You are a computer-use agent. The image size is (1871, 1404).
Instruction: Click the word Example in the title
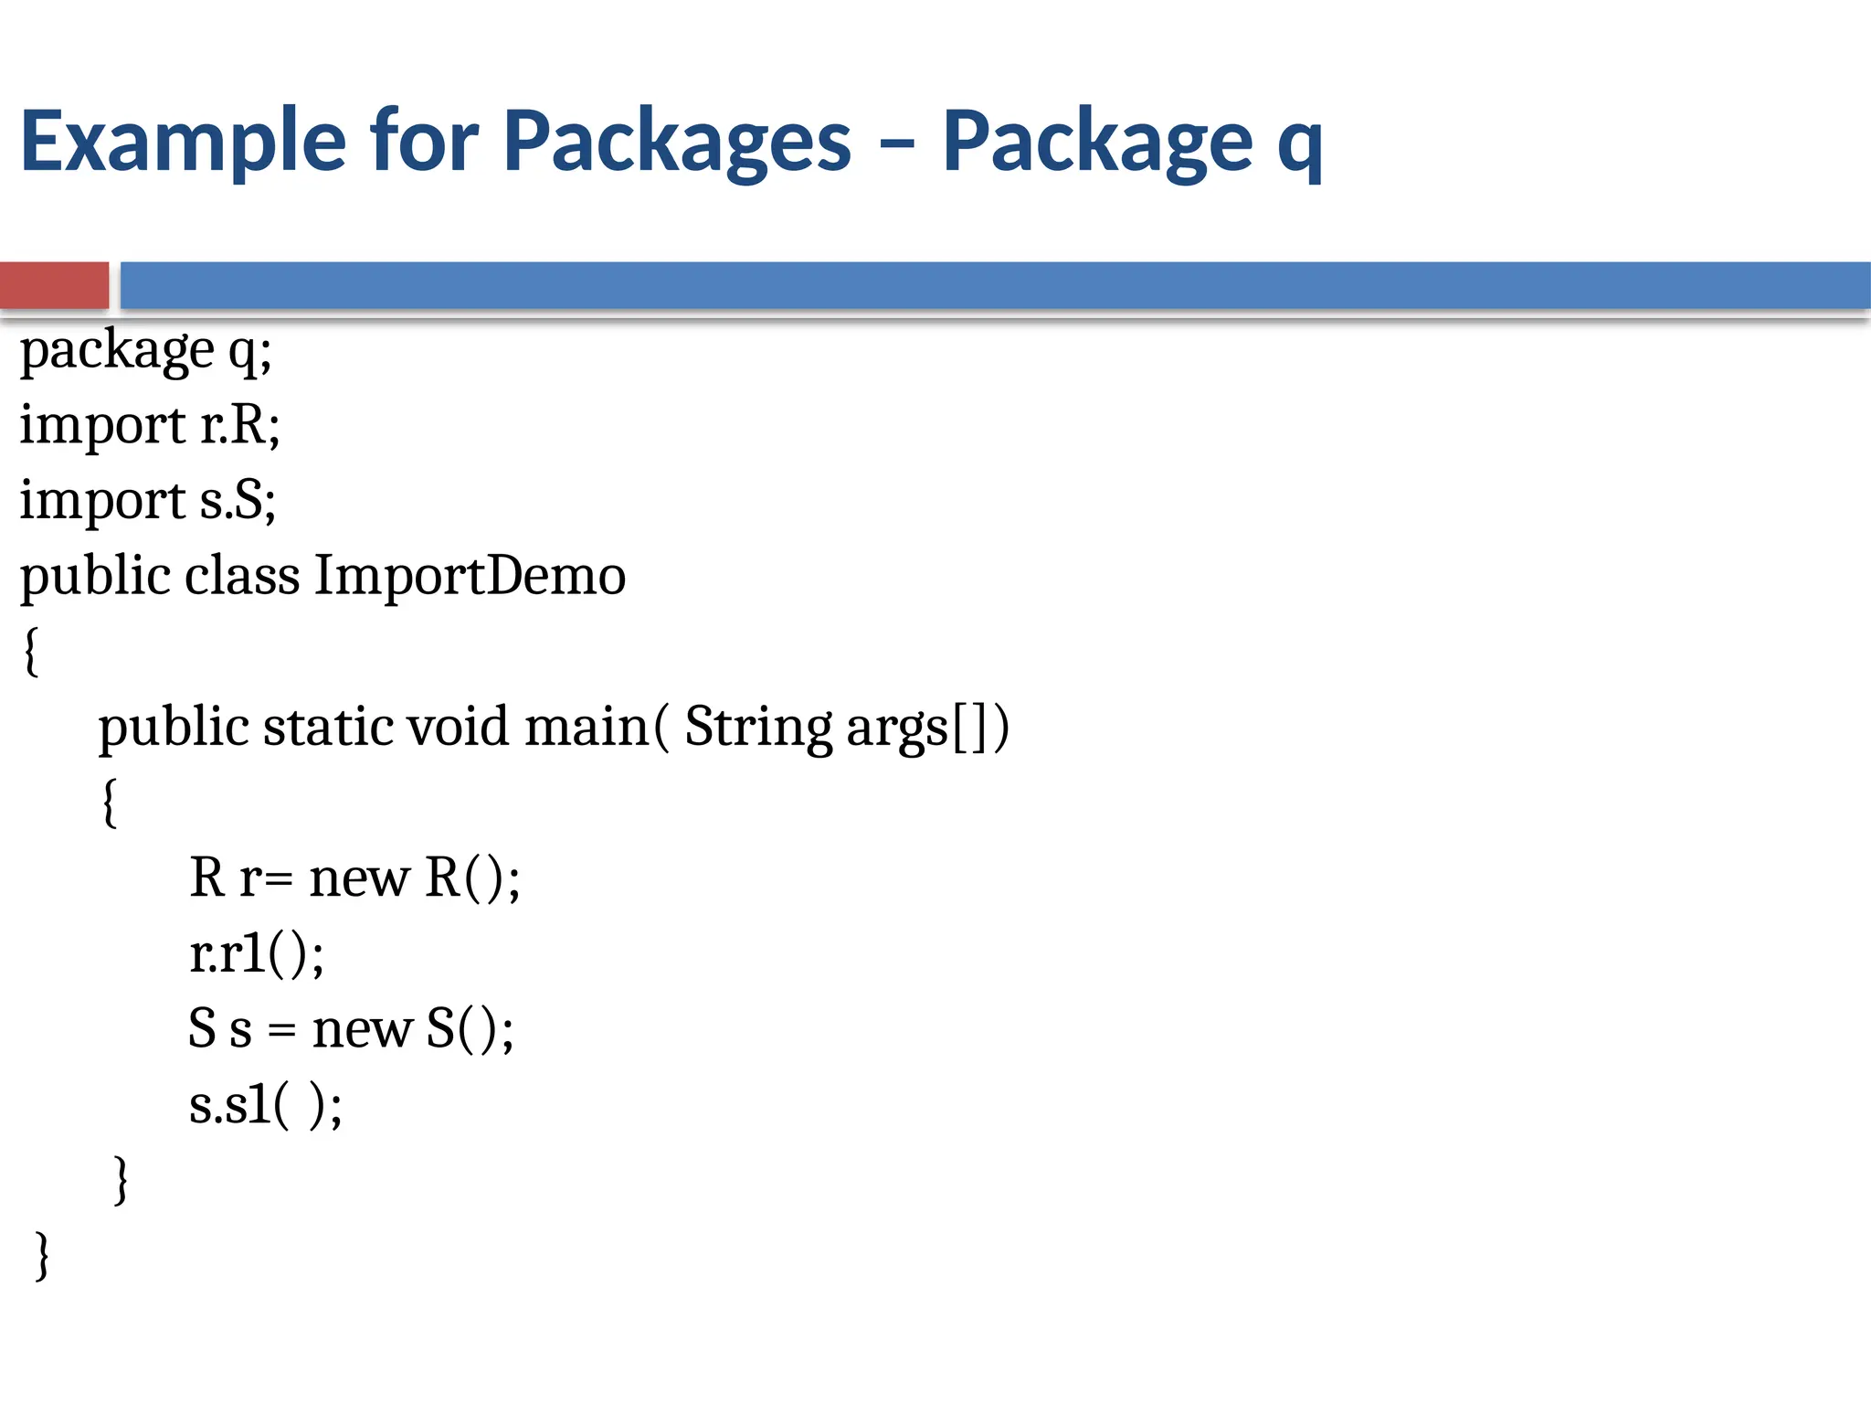pyautogui.click(x=183, y=142)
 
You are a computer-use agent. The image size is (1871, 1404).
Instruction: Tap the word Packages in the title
pyautogui.click(x=677, y=142)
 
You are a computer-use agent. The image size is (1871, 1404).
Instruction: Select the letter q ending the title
pyautogui.click(x=1299, y=146)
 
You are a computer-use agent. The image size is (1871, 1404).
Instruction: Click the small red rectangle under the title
pyautogui.click(x=54, y=285)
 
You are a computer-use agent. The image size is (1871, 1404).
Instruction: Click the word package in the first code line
pyautogui.click(x=117, y=352)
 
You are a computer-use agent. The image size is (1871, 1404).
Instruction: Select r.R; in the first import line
pyautogui.click(x=240, y=426)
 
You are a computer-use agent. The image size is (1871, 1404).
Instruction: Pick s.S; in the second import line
pyautogui.click(x=238, y=501)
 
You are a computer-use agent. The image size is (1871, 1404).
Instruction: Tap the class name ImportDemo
pyautogui.click(x=470, y=576)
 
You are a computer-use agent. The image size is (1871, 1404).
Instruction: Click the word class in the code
pyautogui.click(x=242, y=576)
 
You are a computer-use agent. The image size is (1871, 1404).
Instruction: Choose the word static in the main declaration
pyautogui.click(x=328, y=728)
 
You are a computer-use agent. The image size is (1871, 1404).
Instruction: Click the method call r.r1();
pyautogui.click(x=257, y=954)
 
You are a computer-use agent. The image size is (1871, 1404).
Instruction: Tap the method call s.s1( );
pyautogui.click(x=265, y=1105)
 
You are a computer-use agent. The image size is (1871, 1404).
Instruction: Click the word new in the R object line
pyautogui.click(x=359, y=878)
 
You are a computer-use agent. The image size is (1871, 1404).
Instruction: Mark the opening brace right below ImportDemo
pyautogui.click(x=31, y=651)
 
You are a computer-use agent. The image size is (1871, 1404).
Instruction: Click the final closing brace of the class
pyautogui.click(x=42, y=1256)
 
